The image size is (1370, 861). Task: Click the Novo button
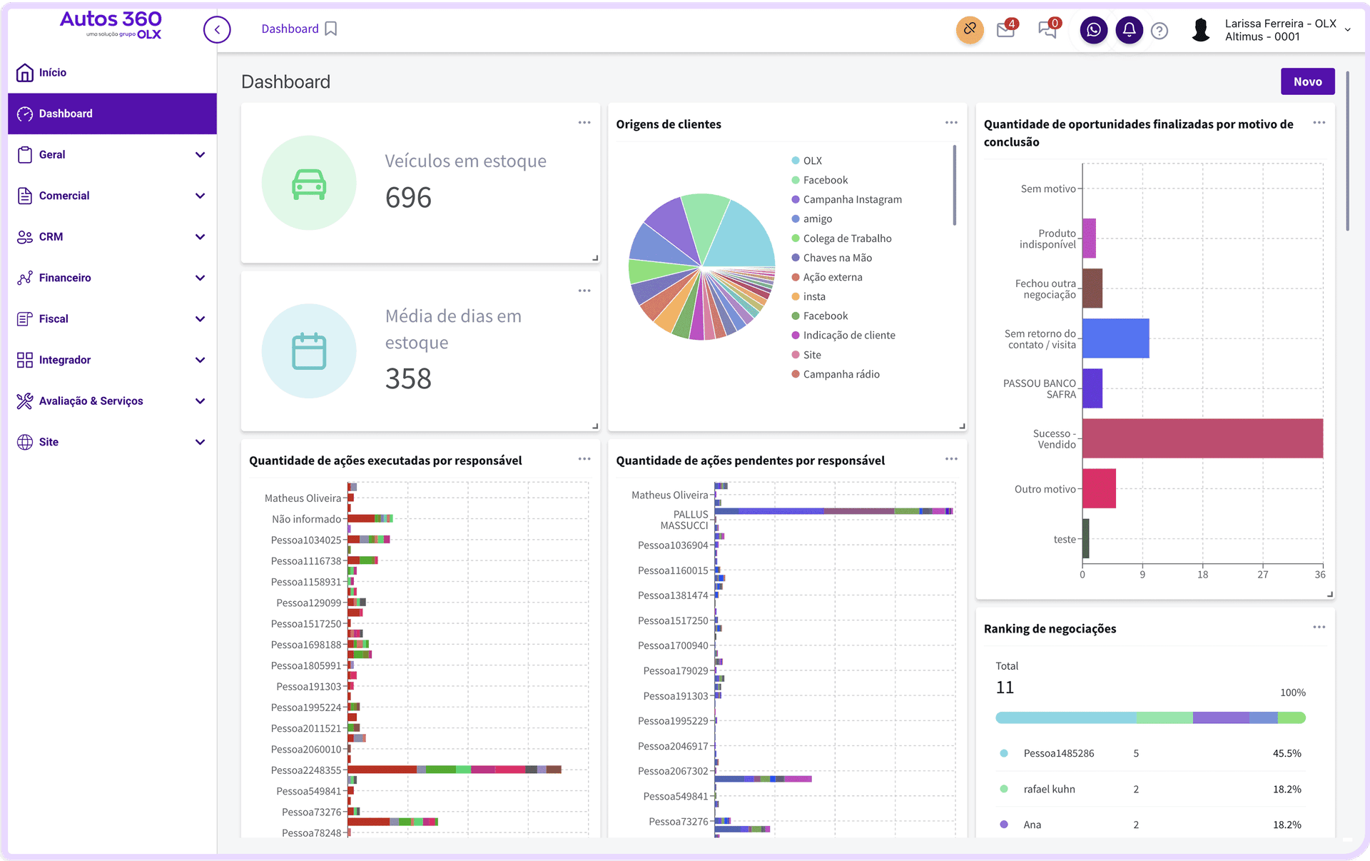pyautogui.click(x=1307, y=81)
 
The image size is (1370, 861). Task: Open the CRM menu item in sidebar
pyautogui.click(x=51, y=237)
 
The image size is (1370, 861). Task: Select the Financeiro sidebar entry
pyautogui.click(x=64, y=278)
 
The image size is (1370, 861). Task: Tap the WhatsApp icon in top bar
pyautogui.click(x=1093, y=30)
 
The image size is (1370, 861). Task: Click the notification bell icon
pyautogui.click(x=1129, y=30)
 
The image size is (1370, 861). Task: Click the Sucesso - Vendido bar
pyautogui.click(x=1202, y=438)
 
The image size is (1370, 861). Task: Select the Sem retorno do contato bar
pyautogui.click(x=1115, y=338)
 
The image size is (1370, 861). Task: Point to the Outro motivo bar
pyautogui.click(x=1099, y=488)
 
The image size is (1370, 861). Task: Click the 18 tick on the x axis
pyautogui.click(x=1202, y=575)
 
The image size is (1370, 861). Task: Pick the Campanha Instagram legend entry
pyautogui.click(x=852, y=200)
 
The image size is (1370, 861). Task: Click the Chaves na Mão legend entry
pyautogui.click(x=837, y=258)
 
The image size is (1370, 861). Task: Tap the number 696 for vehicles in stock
pyautogui.click(x=408, y=198)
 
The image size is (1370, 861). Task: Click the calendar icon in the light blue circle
pyautogui.click(x=309, y=351)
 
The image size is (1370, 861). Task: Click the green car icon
pyautogui.click(x=309, y=183)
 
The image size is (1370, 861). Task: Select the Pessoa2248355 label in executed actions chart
pyautogui.click(x=305, y=770)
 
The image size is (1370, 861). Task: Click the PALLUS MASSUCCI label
pyautogui.click(x=684, y=520)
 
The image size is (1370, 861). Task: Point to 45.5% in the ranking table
pyautogui.click(x=1287, y=753)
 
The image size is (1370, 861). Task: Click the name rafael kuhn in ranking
pyautogui.click(x=1049, y=789)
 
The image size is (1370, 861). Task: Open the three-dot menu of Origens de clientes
pyautogui.click(x=951, y=123)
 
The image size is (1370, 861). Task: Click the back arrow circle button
pyautogui.click(x=217, y=30)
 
